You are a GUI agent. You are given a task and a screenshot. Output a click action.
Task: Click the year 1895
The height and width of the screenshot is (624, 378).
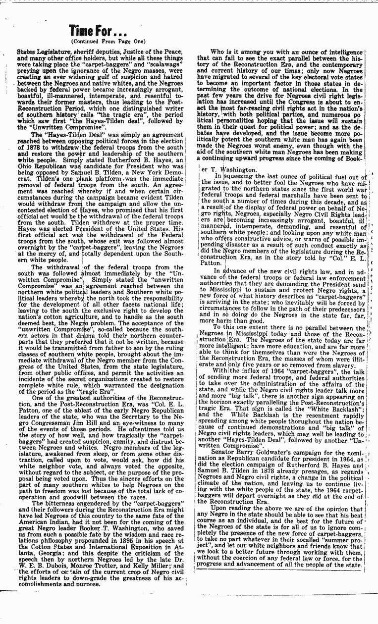tap(113, 538)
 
